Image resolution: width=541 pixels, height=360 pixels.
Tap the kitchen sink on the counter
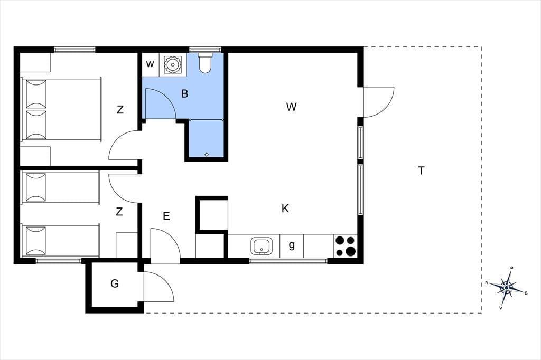[261, 246]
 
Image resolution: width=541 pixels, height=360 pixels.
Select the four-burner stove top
[346, 246]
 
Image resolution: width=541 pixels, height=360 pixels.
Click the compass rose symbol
[507, 288]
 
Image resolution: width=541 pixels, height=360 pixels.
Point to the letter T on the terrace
[421, 170]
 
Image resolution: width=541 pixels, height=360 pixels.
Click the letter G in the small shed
[115, 283]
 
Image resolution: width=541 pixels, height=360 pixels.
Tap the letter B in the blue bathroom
[184, 93]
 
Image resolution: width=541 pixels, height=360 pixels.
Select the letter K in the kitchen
[285, 209]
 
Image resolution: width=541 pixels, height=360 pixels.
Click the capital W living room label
[292, 107]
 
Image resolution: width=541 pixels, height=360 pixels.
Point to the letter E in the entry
[166, 216]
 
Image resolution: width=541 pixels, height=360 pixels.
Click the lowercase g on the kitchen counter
[292, 245]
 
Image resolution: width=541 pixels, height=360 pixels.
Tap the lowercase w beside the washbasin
[150, 64]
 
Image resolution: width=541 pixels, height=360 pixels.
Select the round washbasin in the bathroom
[172, 64]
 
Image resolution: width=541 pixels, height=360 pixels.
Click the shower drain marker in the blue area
[207, 155]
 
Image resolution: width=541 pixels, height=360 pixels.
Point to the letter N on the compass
[487, 283]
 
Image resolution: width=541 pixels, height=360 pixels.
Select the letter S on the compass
[526, 293]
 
